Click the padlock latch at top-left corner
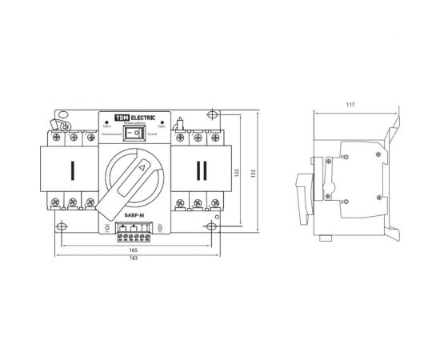pyautogui.click(x=59, y=123)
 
